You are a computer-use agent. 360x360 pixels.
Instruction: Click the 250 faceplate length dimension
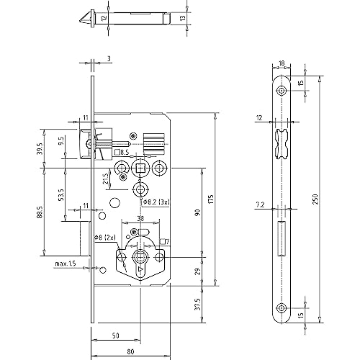(x=315, y=199)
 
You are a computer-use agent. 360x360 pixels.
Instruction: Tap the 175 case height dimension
(x=211, y=199)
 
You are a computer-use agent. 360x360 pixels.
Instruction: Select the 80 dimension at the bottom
(x=130, y=351)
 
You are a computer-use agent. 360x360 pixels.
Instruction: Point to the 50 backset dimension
(x=116, y=336)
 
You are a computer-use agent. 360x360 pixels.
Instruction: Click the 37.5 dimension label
(x=198, y=304)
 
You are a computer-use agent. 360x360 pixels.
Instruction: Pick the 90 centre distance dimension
(x=197, y=212)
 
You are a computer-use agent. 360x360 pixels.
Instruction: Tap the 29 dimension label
(x=197, y=271)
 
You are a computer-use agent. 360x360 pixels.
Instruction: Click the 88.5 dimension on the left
(x=40, y=212)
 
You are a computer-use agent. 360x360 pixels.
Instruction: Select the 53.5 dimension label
(x=61, y=194)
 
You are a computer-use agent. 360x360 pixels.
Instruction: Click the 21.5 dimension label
(x=106, y=179)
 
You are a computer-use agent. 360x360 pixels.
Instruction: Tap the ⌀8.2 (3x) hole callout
(x=156, y=202)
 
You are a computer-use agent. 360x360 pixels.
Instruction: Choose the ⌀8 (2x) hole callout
(x=104, y=238)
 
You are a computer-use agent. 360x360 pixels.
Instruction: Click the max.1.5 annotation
(x=66, y=264)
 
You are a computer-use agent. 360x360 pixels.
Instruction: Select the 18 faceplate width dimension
(x=282, y=63)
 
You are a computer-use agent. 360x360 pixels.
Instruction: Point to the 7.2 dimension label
(x=260, y=204)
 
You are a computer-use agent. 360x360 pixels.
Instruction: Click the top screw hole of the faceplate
(x=281, y=91)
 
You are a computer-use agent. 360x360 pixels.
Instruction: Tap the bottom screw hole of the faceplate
(x=281, y=308)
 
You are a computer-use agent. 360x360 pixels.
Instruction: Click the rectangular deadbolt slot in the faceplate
(x=282, y=238)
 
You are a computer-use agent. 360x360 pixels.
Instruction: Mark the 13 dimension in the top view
(x=183, y=18)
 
